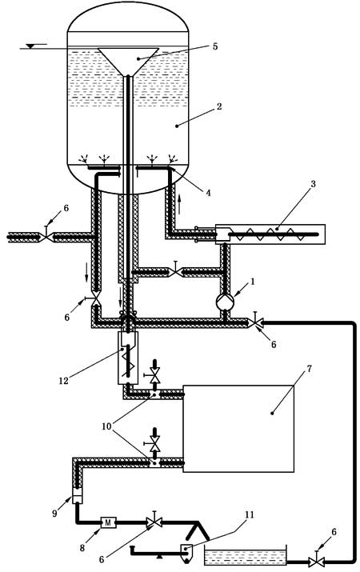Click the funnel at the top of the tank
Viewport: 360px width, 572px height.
(128, 61)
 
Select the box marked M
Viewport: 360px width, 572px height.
(108, 522)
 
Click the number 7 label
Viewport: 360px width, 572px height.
(309, 369)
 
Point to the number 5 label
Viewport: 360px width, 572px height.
(215, 46)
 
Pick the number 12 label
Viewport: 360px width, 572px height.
(63, 381)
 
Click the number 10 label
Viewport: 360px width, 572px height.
(106, 426)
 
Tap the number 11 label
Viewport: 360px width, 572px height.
(249, 514)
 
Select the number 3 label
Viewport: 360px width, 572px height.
(313, 184)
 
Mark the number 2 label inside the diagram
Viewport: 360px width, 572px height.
(219, 107)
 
